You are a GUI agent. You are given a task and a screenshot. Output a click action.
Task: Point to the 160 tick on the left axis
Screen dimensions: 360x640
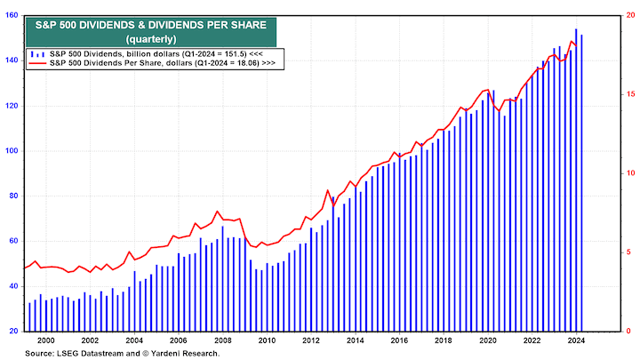tap(12, 14)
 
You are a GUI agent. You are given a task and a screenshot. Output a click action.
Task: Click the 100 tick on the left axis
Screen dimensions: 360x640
tap(12, 150)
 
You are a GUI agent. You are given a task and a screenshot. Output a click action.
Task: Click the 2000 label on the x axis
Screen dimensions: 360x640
tap(46, 340)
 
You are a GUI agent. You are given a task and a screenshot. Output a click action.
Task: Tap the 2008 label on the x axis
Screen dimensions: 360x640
tap(222, 340)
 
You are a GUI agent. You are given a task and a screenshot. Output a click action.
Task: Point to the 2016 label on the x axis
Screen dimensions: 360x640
tap(399, 340)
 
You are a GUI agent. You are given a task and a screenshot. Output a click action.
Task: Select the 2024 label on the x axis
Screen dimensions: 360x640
tap(575, 340)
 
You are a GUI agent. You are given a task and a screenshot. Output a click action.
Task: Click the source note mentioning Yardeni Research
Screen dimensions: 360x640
tap(123, 353)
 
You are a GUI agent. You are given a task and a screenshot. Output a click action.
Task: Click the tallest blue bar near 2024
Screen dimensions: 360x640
tap(576, 178)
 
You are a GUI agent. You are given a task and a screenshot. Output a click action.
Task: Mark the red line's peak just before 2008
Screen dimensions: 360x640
tap(218, 212)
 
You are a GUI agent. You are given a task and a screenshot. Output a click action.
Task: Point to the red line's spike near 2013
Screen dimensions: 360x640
tap(327, 190)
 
